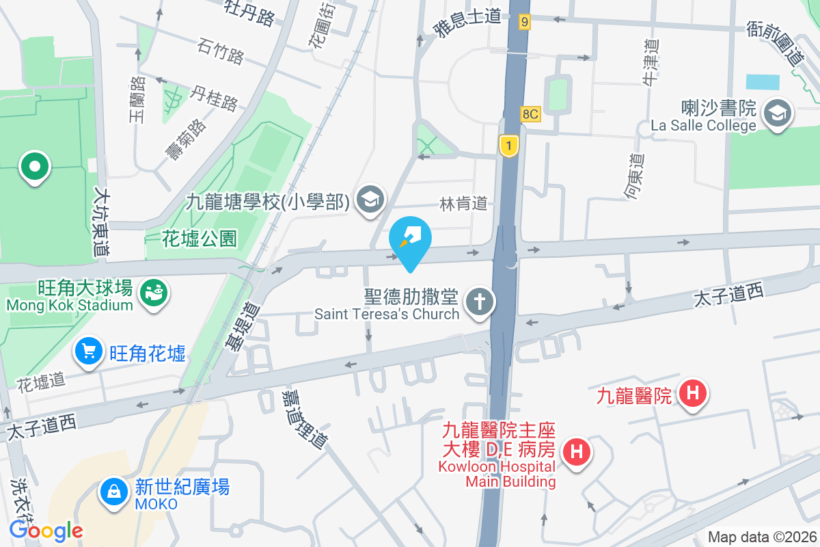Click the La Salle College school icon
coord(778,113)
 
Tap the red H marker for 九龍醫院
coord(693,394)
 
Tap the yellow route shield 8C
coord(530,114)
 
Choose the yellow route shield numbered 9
coord(524,22)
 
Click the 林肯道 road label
coord(464,203)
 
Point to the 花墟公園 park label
coord(200,239)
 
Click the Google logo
coord(46,530)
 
